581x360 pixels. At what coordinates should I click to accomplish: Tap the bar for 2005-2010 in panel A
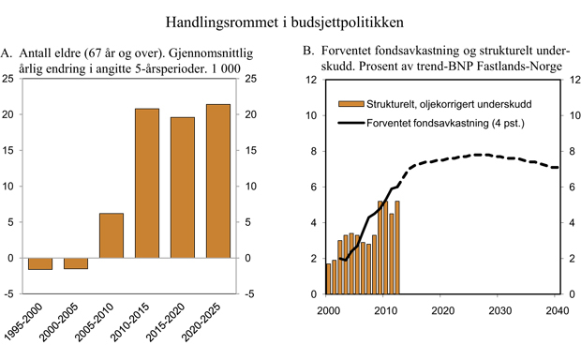pos(111,235)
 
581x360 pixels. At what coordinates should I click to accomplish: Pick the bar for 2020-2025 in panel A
pos(217,181)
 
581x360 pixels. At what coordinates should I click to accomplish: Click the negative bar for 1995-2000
pos(40,263)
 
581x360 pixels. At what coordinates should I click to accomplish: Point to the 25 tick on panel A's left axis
pos(12,80)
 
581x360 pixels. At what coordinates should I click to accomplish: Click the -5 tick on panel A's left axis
pos(12,293)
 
